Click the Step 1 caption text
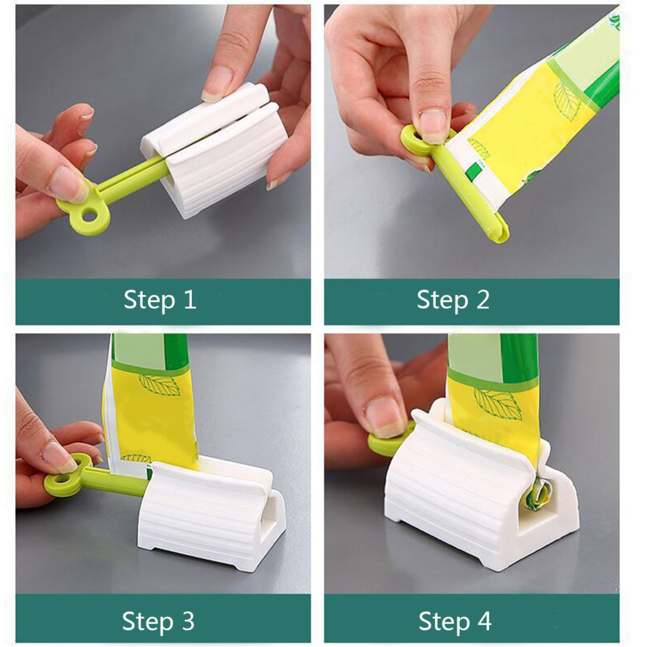pyautogui.click(x=160, y=300)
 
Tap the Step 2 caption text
pyautogui.click(x=453, y=300)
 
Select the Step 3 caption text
pyautogui.click(x=158, y=621)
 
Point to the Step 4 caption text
pyautogui.click(x=455, y=621)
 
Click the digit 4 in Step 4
pyautogui.click(x=484, y=621)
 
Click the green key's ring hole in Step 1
pyautogui.click(x=89, y=215)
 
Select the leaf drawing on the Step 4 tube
pyautogui.click(x=498, y=404)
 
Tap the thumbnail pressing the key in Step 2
pyautogui.click(x=433, y=126)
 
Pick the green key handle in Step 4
pyautogui.click(x=391, y=440)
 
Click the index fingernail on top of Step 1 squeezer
pyautogui.click(x=218, y=85)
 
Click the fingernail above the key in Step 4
pyautogui.click(x=384, y=417)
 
